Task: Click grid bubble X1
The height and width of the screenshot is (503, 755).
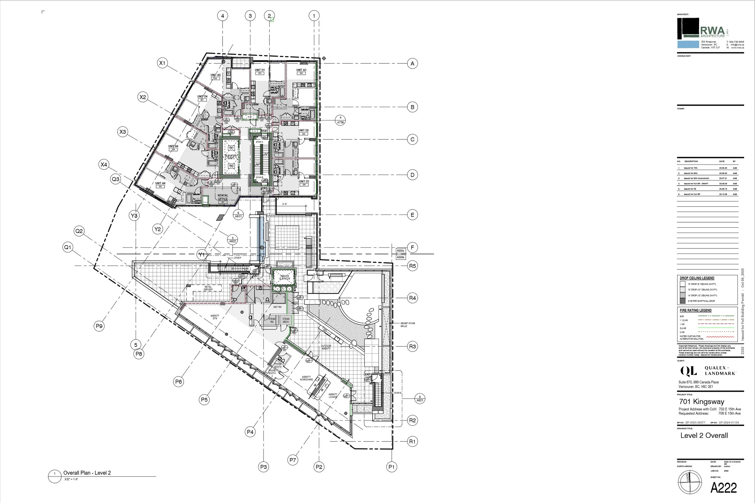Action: (162, 63)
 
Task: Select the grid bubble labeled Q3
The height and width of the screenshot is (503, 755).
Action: (115, 179)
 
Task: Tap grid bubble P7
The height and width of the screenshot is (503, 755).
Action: (293, 460)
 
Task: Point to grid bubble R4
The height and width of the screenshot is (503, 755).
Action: (412, 298)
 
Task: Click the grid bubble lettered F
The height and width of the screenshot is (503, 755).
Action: (412, 247)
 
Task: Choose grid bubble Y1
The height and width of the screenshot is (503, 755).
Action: (201, 255)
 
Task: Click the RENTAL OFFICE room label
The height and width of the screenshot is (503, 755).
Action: (223, 197)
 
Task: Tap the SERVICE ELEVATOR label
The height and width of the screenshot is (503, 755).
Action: (284, 277)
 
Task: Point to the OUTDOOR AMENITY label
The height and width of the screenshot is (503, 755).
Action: (326, 347)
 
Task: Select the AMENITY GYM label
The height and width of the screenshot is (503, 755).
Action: (215, 317)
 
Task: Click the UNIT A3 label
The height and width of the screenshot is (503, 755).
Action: (301, 70)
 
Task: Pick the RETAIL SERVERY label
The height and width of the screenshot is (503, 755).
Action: (208, 288)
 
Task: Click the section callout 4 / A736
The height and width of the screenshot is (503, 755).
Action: (340, 120)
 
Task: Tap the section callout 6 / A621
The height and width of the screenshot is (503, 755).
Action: (419, 399)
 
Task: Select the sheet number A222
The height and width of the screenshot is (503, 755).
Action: (724, 488)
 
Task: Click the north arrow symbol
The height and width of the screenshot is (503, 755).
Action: (689, 482)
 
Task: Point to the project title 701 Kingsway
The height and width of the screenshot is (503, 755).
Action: (702, 401)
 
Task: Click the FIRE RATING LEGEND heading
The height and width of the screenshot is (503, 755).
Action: (695, 310)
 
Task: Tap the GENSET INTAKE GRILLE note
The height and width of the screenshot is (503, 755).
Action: (407, 324)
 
